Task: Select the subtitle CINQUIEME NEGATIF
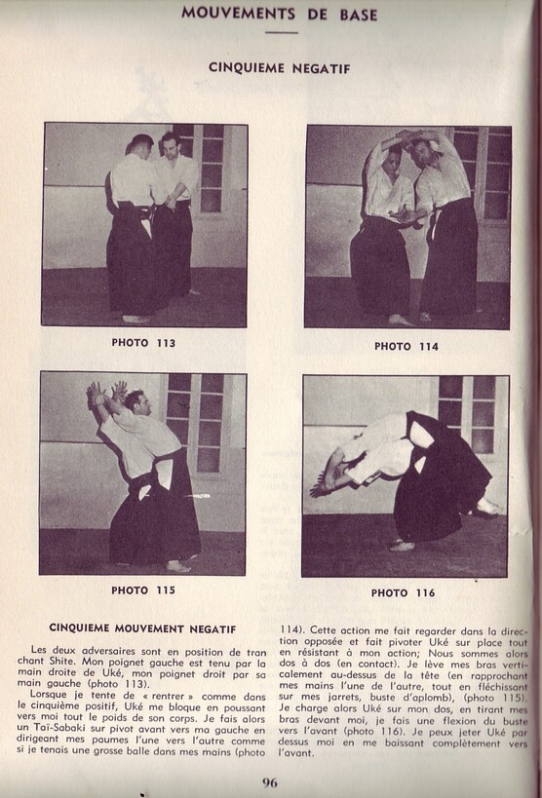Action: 280,68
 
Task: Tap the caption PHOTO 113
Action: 143,343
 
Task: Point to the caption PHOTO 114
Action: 406,346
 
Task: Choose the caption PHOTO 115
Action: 143,590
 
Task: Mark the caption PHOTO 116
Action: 403,592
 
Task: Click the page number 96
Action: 271,781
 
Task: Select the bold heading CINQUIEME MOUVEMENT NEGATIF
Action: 142,628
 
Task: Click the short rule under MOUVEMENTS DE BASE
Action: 281,32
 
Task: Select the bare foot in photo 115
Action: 178,566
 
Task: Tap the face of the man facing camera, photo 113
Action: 172,148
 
